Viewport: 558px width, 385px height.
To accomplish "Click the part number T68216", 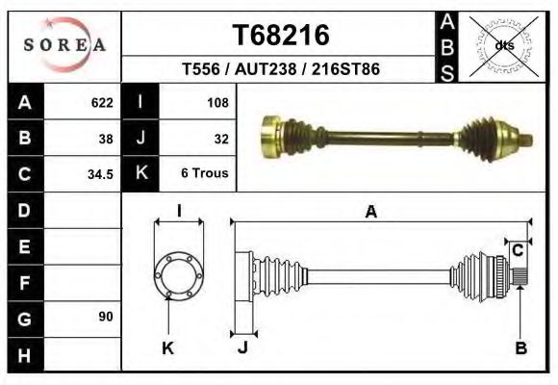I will (282, 36).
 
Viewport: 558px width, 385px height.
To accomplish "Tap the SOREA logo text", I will (65, 45).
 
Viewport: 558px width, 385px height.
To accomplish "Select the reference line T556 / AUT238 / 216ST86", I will (281, 69).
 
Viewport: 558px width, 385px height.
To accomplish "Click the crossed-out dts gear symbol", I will (502, 44).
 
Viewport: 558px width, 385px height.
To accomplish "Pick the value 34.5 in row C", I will (100, 174).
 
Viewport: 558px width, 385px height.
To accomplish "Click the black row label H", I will (24, 355).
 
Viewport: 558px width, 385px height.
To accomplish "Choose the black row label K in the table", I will (141, 174).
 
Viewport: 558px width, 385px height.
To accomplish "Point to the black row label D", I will (24, 210).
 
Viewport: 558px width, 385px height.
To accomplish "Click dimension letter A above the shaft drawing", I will (371, 213).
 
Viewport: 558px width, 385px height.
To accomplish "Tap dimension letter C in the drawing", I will (517, 251).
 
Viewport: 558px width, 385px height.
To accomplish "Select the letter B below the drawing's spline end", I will (520, 348).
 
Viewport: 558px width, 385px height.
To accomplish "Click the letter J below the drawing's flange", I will (242, 348).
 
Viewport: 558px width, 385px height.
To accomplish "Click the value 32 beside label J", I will (220, 139).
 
